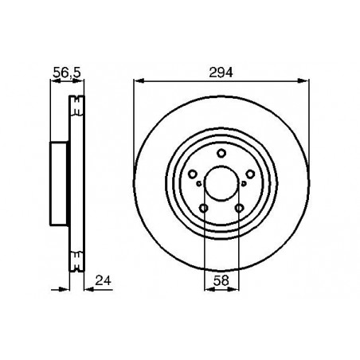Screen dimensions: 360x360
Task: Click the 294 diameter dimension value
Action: (221, 71)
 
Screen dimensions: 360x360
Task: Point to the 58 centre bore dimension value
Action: (221, 281)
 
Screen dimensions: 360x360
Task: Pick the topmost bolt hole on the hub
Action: (221, 155)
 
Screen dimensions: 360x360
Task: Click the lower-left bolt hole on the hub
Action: (204, 209)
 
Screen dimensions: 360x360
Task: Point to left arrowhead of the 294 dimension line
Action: (138, 80)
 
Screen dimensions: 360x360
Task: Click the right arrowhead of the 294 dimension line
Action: (304, 80)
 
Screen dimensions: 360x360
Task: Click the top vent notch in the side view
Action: (76, 101)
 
